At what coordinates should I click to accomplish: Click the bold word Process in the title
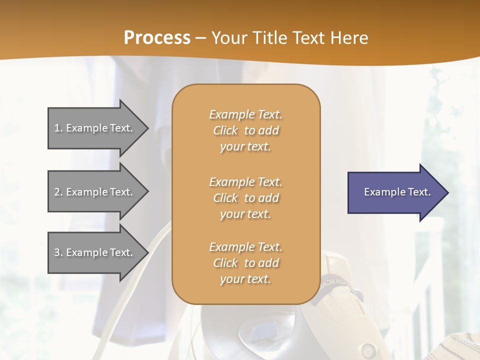tap(157, 38)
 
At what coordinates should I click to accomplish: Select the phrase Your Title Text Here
tap(290, 38)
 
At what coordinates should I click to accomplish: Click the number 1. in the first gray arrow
tap(58, 128)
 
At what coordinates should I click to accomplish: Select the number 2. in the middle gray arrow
tap(58, 192)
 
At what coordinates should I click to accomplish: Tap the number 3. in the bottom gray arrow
tap(58, 252)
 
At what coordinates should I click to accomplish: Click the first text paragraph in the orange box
tap(245, 130)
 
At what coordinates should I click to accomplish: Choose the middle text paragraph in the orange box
tap(245, 198)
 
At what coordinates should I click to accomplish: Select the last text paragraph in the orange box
tap(245, 263)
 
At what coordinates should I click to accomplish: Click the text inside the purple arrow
tap(397, 192)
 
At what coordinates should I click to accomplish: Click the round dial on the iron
tap(369, 348)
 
